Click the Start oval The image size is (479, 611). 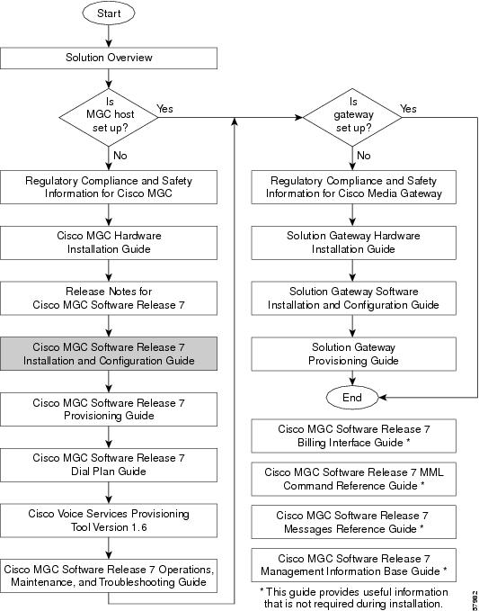coord(109,13)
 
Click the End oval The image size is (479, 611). coord(352,398)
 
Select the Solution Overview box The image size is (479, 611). coord(109,58)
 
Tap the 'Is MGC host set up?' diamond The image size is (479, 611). coord(109,117)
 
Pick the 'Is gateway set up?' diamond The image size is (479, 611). coord(352,117)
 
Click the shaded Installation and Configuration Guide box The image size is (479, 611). coord(109,354)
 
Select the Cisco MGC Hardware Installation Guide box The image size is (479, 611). coord(109,242)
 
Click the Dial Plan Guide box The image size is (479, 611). coord(109,465)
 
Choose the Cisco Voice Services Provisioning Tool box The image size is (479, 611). coord(109,521)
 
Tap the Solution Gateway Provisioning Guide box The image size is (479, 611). coord(353,354)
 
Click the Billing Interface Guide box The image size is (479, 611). coord(353,436)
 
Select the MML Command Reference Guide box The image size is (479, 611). coord(353,480)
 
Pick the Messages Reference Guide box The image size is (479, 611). coord(353,522)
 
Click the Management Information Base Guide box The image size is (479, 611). coord(353,565)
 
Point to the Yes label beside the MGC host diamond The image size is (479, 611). coord(164,109)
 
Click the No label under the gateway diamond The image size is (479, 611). coord(363,156)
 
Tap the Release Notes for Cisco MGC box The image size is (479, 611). coord(109,298)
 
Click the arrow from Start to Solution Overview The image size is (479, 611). coord(109,36)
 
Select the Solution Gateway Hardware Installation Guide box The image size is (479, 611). coord(353,242)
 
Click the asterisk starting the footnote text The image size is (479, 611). coord(262,591)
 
